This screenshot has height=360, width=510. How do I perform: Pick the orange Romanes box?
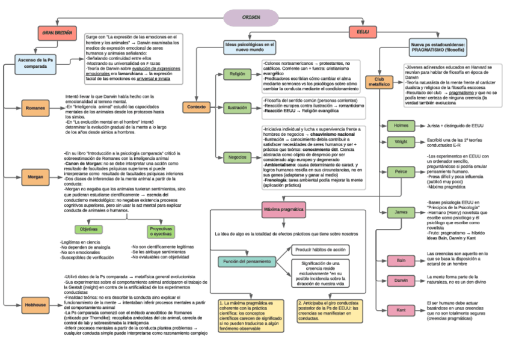(34, 109)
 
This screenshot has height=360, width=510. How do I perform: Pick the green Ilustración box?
(236, 108)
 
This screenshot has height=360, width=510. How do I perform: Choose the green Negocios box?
(236, 157)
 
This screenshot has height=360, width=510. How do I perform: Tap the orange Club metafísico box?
(379, 82)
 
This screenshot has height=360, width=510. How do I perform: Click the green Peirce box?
(401, 171)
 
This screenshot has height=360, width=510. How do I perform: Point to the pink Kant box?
(401, 310)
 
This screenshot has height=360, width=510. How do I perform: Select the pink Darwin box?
(401, 281)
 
